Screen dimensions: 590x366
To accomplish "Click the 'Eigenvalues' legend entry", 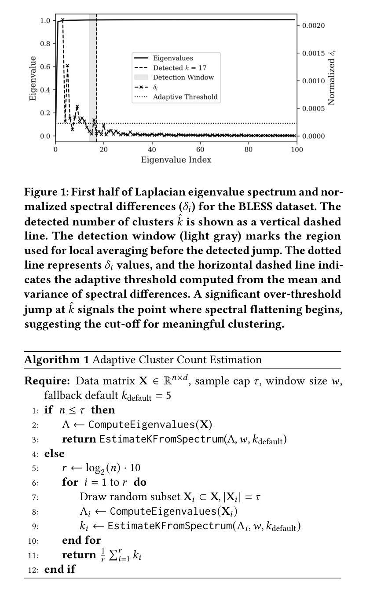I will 172,58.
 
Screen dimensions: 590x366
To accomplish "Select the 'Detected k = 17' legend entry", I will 179,68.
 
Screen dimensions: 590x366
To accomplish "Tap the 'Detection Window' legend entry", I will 183,77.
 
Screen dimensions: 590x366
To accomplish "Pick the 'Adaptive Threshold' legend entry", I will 185,97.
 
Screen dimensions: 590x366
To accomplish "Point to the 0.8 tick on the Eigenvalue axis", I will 46,44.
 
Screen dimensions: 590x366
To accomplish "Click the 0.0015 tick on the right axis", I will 313,53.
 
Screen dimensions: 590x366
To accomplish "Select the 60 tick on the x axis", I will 201,150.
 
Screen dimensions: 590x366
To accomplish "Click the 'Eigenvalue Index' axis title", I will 176,160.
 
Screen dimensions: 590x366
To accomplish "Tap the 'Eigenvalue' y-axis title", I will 33,78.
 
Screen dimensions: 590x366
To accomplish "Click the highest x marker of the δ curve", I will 62,20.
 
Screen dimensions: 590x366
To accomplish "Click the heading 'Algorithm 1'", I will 56,360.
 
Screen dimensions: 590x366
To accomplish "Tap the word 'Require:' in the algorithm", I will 47,381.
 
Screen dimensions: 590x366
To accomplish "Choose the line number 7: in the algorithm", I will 35,498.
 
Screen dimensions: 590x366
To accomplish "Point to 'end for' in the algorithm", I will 81,540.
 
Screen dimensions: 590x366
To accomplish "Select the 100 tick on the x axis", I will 297,150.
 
